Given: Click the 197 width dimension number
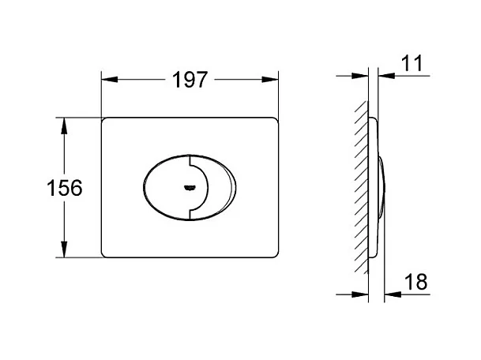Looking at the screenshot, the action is pos(190,80).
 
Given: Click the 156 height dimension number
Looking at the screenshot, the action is pos(65,188).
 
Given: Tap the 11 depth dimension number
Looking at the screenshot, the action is pos(411,63).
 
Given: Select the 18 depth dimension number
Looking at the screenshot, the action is pos(416,282).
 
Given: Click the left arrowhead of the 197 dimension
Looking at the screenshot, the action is pos(110,80).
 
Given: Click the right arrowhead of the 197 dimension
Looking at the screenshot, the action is pos(270,80).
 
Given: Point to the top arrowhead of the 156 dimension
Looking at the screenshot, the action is pos(64,126).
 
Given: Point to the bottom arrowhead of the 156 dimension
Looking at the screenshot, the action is pos(64,249).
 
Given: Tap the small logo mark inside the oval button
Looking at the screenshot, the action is pos(190,187).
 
